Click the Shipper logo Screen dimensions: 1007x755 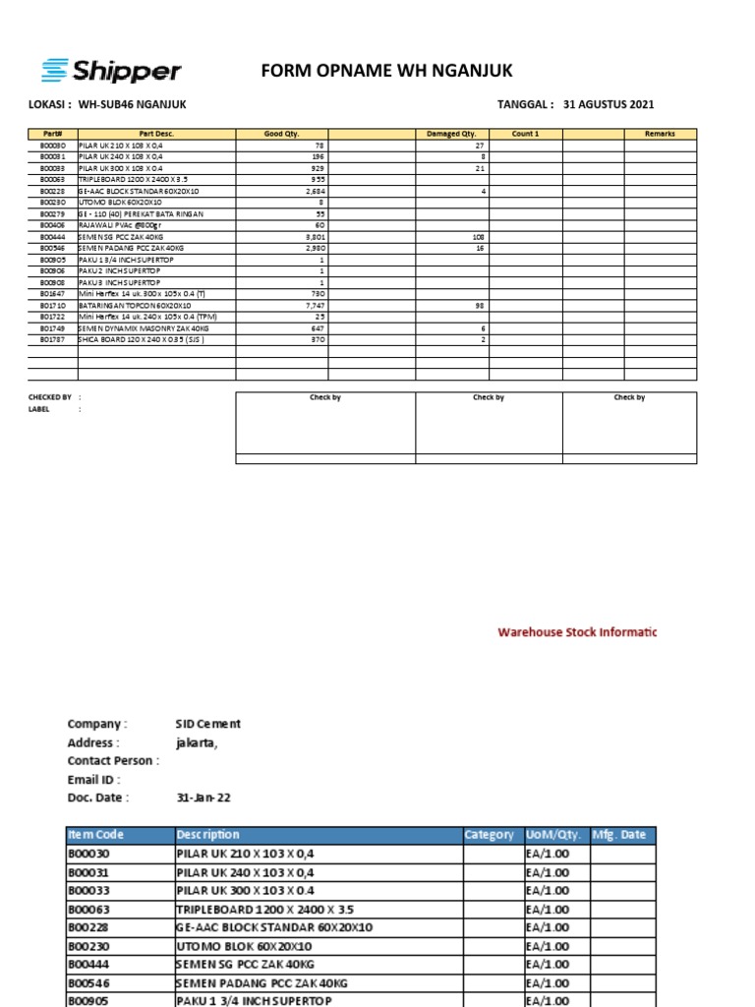pyautogui.click(x=110, y=70)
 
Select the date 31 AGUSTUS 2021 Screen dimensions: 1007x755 pyautogui.click(x=609, y=105)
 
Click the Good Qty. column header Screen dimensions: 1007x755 pyautogui.click(x=281, y=134)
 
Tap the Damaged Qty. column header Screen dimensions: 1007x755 pyautogui.click(x=450, y=134)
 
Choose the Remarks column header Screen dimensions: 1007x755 pyautogui.click(x=660, y=134)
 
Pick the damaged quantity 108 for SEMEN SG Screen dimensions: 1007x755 pyautogui.click(x=479, y=237)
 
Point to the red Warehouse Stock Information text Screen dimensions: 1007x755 pyautogui.click(x=576, y=632)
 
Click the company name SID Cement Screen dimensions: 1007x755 pyautogui.click(x=207, y=724)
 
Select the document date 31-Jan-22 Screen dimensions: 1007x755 pyautogui.click(x=203, y=799)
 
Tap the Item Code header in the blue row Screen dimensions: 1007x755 pyautogui.click(x=96, y=835)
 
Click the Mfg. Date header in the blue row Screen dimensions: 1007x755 pyautogui.click(x=618, y=835)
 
